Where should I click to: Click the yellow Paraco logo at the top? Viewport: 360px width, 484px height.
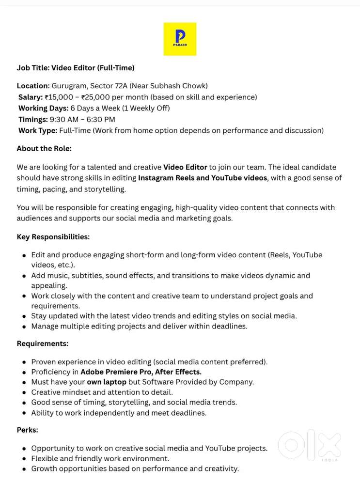[x=180, y=39]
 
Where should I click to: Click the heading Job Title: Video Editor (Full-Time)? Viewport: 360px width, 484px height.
[x=76, y=68]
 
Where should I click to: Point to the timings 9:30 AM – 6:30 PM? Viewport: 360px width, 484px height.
[x=82, y=119]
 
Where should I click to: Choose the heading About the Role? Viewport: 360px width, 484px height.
[x=44, y=148]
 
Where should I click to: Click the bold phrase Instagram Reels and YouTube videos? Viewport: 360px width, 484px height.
[x=203, y=178]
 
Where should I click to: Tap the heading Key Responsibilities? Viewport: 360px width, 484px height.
[x=53, y=237]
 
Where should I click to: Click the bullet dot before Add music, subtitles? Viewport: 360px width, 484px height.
[x=24, y=276]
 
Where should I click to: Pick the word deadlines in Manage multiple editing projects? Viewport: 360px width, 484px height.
[x=229, y=326]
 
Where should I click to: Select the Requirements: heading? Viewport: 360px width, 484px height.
[x=43, y=343]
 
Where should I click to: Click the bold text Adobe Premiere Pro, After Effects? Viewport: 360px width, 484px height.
[x=141, y=372]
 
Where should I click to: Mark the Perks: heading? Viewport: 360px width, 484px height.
[x=27, y=430]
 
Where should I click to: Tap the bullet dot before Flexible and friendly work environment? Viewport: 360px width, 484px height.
[x=24, y=459]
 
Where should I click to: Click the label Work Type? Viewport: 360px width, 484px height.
[x=38, y=130]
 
